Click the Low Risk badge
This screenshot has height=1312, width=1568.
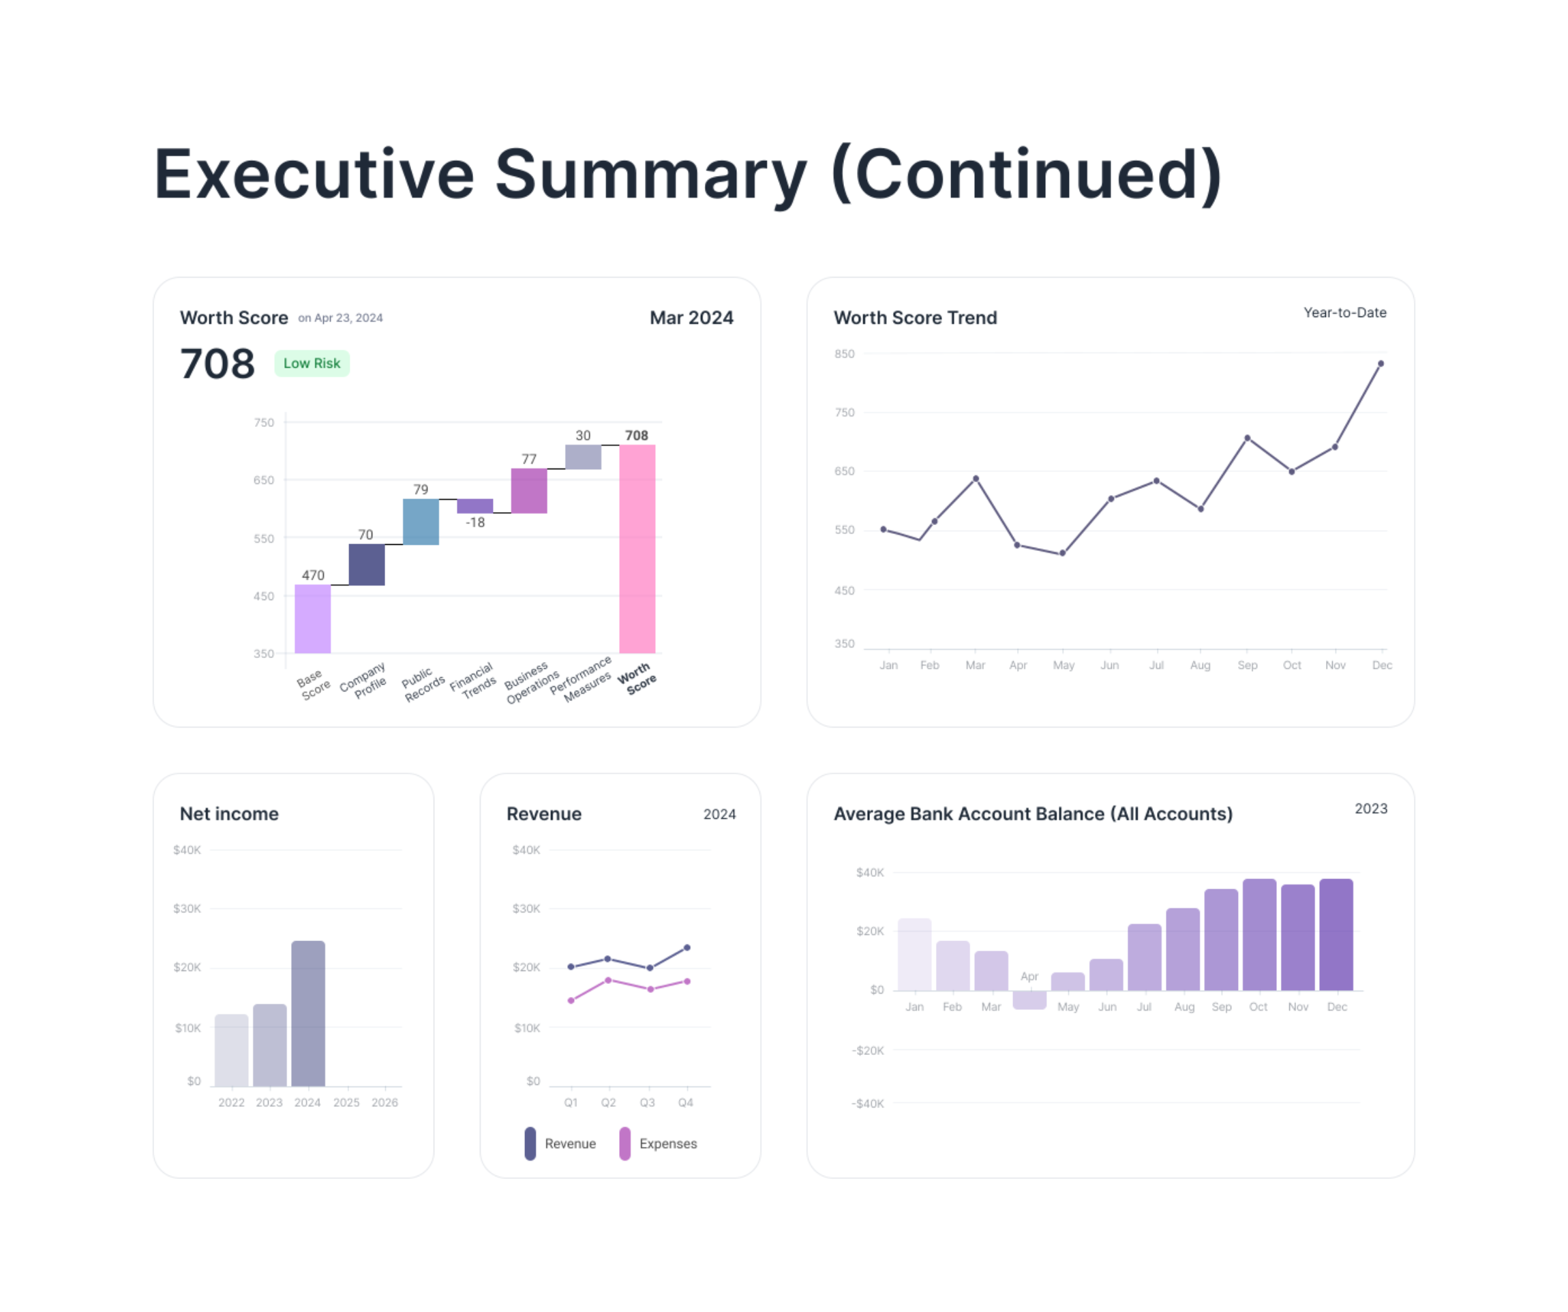tap(312, 363)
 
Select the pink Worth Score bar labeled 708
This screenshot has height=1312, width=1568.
tap(637, 549)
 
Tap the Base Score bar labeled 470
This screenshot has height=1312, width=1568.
tap(312, 619)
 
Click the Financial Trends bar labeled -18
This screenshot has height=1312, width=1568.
tap(475, 505)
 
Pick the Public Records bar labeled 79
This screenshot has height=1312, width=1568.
tap(421, 522)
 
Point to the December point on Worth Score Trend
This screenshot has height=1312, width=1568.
tap(1381, 363)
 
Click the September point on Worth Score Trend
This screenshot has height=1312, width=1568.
tap(1247, 438)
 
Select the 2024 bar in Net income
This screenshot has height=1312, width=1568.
tap(307, 1013)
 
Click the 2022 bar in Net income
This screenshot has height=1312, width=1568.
tap(232, 1050)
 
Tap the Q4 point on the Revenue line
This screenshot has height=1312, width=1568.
tap(687, 948)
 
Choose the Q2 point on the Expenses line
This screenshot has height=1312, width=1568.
tap(609, 980)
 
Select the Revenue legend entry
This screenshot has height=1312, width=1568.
tap(561, 1144)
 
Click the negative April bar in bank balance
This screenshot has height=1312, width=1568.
tap(1029, 1000)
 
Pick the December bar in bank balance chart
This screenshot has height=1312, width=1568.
tap(1336, 935)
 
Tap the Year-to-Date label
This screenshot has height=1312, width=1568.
tap(1345, 313)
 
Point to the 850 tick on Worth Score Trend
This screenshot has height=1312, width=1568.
tap(845, 354)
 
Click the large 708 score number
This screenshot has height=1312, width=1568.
tap(217, 364)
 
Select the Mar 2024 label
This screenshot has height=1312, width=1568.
tap(691, 318)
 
